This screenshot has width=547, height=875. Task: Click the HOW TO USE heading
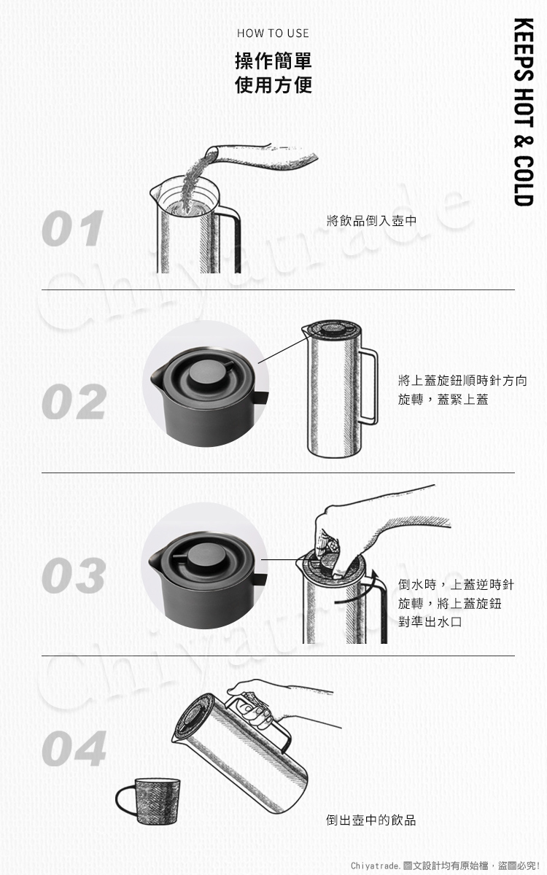[273, 34]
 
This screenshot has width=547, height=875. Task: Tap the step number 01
[73, 228]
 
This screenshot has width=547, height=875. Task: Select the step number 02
[74, 402]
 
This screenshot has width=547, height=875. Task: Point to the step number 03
[74, 575]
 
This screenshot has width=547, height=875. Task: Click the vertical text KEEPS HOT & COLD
[524, 112]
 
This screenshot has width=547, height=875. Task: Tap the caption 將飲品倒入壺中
[371, 221]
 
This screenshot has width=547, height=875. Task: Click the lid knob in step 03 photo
[205, 556]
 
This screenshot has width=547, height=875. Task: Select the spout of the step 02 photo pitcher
[155, 377]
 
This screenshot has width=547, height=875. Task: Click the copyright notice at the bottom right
[445, 866]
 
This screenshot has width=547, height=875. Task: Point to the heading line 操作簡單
[273, 61]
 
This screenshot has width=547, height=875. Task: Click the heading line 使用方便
[273, 85]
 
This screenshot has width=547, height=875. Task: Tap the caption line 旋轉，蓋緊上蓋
[443, 400]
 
